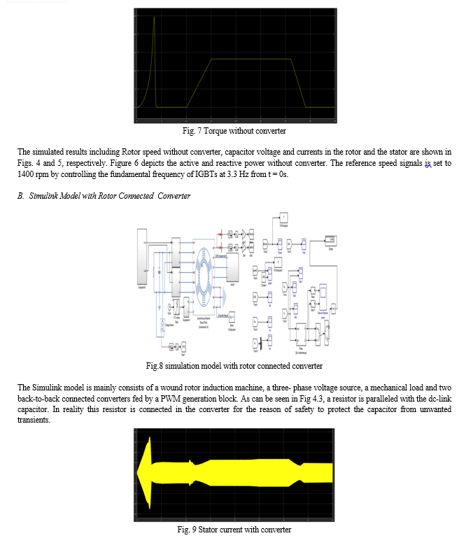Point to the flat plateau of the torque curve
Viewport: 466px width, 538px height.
click(252, 59)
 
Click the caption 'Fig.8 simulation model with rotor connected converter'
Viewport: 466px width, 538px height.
click(234, 366)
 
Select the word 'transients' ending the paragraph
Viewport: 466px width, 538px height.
click(35, 420)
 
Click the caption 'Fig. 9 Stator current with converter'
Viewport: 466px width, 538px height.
click(234, 529)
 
